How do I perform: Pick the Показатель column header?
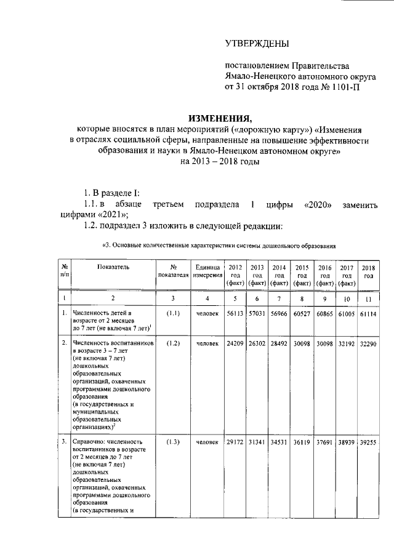(113, 267)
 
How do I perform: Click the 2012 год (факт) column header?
(235, 275)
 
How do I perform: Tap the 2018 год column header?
(368, 271)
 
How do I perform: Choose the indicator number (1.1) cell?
(173, 313)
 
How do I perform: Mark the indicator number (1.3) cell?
(173, 441)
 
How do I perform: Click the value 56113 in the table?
(235, 313)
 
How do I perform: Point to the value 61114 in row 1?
(368, 313)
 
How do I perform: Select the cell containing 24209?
(235, 342)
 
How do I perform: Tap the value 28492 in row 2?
(279, 342)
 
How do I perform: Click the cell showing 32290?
(368, 342)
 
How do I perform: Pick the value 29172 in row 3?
(235, 441)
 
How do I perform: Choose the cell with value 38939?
(346, 441)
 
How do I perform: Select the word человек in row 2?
(207, 342)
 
